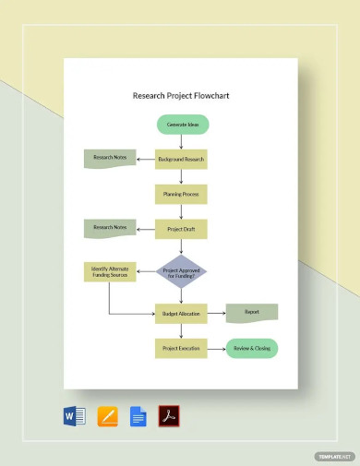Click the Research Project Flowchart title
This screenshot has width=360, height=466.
180,95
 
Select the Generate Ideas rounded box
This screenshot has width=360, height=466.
182,124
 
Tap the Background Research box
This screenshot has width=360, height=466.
181,159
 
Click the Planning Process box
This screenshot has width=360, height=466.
181,194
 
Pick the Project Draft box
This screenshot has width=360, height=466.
181,228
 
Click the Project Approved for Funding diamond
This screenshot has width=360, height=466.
181,271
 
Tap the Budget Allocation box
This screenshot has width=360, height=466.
181,314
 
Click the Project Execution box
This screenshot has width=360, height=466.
181,348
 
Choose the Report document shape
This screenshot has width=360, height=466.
252,313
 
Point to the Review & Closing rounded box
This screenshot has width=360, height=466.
252,348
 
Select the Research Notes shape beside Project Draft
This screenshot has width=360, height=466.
109,227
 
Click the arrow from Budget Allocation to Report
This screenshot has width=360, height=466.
217,314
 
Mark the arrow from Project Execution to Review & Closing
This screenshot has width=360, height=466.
217,348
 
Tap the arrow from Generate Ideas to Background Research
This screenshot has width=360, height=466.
182,141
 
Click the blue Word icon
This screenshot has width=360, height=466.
75,416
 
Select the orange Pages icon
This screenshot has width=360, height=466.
107,416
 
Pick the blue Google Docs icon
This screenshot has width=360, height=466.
138,416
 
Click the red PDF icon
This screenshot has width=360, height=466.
169,416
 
